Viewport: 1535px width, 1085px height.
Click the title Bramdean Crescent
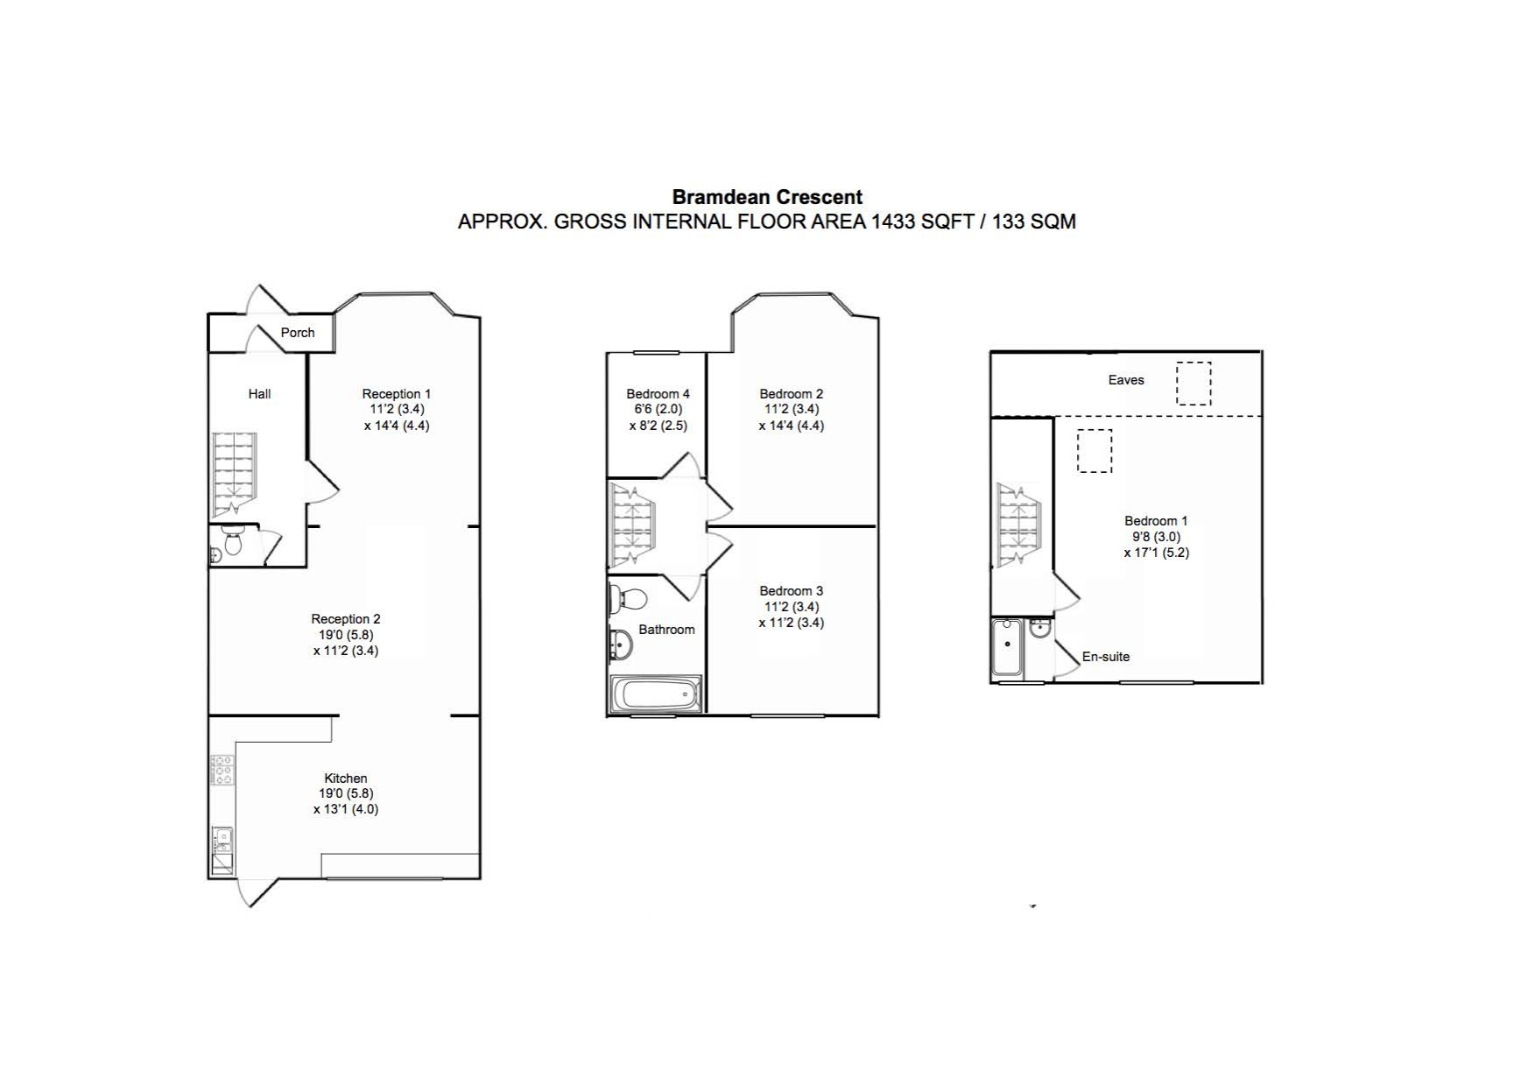tap(767, 197)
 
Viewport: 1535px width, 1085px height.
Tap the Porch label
tap(298, 333)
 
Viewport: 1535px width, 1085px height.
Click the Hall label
tap(259, 394)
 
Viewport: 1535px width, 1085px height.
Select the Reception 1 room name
tap(397, 394)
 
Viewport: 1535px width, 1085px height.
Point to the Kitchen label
tap(346, 778)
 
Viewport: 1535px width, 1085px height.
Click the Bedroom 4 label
tap(658, 394)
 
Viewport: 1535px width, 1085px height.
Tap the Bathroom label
tap(666, 630)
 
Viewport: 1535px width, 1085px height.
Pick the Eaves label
tap(1126, 380)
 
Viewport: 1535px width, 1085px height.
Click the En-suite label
tap(1106, 657)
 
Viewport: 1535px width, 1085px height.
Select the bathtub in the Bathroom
tap(657, 694)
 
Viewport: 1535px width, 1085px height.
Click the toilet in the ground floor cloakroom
tap(232, 543)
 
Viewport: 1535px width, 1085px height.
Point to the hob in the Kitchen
tap(222, 771)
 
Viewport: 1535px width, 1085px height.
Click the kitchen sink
tap(222, 841)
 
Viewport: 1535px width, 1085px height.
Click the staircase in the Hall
tap(233, 474)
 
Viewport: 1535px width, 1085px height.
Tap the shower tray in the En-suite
tap(1007, 648)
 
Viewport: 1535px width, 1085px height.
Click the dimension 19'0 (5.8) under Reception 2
tap(346, 635)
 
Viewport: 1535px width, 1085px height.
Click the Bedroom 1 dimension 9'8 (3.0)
tap(1156, 537)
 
